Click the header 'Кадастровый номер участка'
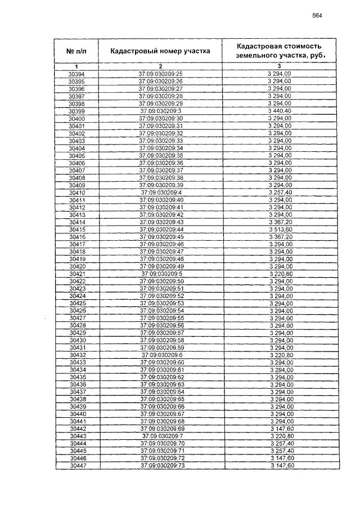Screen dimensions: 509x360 coord(160,51)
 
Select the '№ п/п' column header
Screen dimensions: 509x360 coord(76,51)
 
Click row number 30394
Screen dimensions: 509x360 coord(76,74)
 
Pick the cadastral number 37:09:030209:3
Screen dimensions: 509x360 coord(160,111)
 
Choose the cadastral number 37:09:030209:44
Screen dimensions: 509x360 coord(161,229)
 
